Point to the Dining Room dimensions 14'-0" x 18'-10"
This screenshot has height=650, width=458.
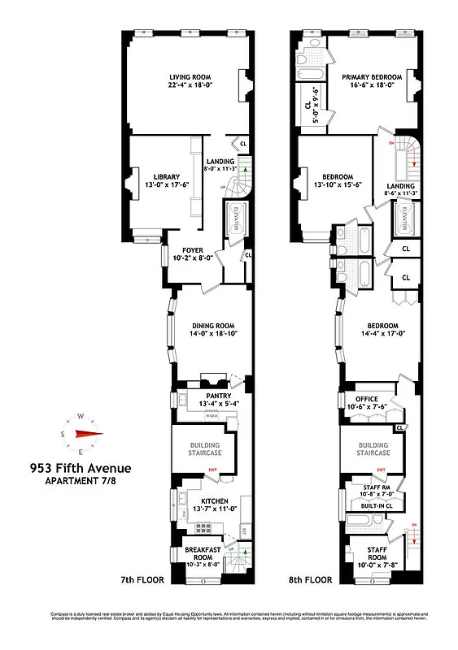(x=203, y=333)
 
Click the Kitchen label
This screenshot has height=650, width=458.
(x=210, y=500)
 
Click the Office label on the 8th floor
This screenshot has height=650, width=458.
(x=363, y=399)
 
